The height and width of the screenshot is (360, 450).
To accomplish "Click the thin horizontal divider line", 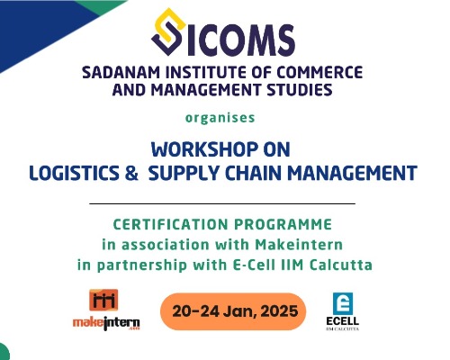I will [x=223, y=204].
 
